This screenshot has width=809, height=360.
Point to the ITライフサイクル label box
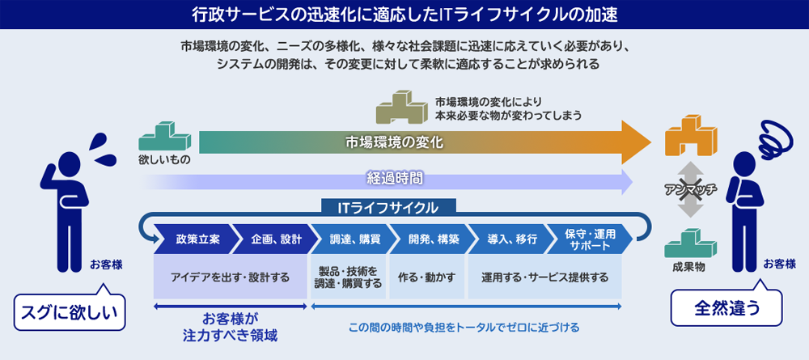click(x=388, y=207)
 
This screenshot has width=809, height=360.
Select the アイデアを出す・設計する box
click(x=230, y=277)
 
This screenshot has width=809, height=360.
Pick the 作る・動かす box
click(x=426, y=277)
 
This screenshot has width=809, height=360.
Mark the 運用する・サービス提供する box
click(x=544, y=277)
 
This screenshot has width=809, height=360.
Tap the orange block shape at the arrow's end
click(x=690, y=135)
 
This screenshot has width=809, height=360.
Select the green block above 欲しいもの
click(x=164, y=136)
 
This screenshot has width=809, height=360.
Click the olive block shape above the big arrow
click(x=402, y=108)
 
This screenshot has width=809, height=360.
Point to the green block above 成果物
click(x=690, y=243)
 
